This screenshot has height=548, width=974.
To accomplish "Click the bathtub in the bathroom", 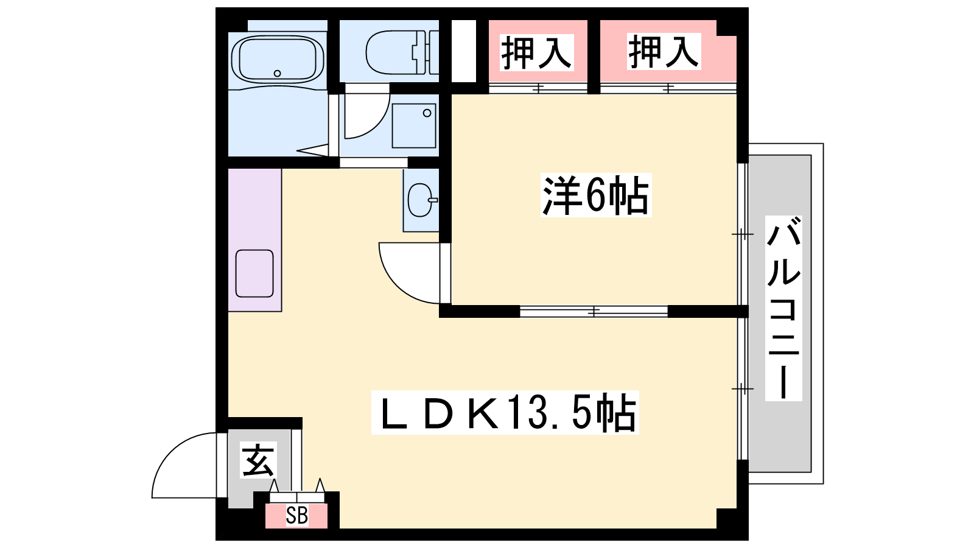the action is pos(278,60).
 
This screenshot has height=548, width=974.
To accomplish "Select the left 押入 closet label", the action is pos(536,52).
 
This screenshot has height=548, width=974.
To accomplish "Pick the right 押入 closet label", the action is pos(664,52).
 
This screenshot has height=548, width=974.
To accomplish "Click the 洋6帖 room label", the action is pos(596,195).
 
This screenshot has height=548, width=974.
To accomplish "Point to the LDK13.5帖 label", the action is pos(505,412).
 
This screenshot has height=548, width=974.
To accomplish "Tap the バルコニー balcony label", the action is pos(783,308).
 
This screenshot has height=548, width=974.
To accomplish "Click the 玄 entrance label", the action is pos(259,460).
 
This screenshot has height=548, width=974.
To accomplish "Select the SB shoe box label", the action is pos(297,516).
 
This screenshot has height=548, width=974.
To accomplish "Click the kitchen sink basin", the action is pos(254,273).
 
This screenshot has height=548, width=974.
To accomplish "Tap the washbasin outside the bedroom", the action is pos(421,200).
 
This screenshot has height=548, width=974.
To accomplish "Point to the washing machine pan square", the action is pos(413,126).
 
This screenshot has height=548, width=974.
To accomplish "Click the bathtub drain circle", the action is pos(278,74).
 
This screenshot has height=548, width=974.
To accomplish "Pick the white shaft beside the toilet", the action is pos(463,51).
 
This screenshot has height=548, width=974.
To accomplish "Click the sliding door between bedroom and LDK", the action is pos(594,311).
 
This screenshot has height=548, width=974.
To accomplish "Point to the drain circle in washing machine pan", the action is pos(427,113).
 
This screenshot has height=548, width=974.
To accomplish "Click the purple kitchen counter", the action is pos(255,240).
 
